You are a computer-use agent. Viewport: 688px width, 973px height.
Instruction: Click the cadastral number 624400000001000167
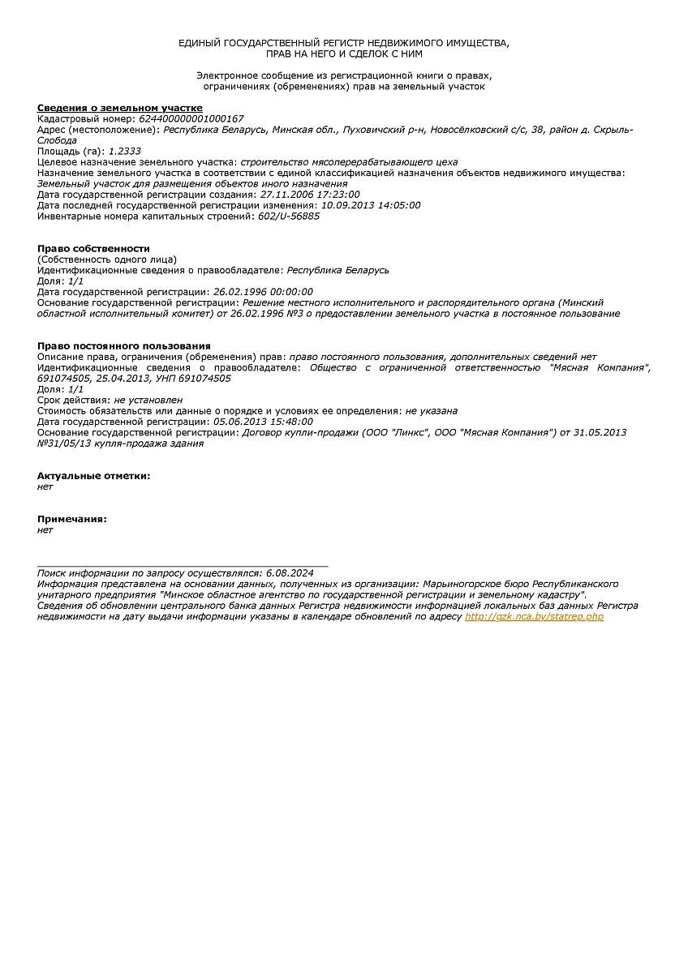(191, 119)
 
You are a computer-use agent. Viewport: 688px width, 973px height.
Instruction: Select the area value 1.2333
(124, 152)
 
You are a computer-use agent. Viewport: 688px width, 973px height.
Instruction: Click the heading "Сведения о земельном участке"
(120, 108)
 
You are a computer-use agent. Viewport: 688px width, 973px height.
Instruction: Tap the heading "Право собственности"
(93, 249)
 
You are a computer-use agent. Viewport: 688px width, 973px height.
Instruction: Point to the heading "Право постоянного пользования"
(124, 346)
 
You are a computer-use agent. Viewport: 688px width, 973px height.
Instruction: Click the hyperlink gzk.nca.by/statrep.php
(534, 617)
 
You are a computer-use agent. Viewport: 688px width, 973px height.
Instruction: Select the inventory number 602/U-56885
(289, 216)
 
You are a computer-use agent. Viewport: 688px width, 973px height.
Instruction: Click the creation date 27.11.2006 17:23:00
(309, 195)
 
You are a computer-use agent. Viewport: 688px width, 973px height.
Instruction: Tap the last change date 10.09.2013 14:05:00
(371, 206)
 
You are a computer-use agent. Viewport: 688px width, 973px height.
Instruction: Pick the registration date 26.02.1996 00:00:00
(263, 292)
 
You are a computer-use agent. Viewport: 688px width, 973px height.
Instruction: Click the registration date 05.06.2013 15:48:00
(263, 422)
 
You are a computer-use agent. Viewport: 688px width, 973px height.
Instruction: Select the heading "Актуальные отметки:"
(93, 476)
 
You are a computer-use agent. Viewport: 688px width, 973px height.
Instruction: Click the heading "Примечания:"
(72, 519)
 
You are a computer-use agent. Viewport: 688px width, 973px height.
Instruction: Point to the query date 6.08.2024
(289, 573)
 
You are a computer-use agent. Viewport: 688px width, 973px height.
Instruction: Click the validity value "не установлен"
(148, 401)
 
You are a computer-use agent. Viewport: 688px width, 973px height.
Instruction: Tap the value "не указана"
(432, 411)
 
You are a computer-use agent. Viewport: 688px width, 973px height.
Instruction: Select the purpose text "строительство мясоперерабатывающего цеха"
(349, 162)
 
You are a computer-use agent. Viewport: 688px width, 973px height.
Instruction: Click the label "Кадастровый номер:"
(87, 119)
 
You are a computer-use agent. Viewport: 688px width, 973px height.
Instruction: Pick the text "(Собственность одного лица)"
(107, 259)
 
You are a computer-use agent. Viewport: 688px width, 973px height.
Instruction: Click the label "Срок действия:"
(74, 401)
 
